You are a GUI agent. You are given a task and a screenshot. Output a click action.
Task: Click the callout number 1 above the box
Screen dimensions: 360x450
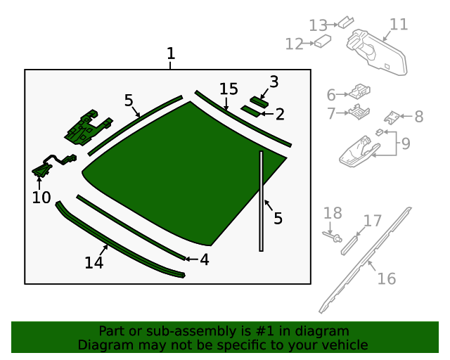click(x=170, y=53)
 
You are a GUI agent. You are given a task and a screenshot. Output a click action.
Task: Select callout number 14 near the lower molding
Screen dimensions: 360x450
click(x=94, y=262)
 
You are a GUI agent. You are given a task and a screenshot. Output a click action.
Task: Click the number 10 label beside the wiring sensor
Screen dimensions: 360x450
click(x=41, y=198)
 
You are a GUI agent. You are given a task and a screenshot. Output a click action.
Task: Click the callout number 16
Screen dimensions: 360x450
click(x=386, y=279)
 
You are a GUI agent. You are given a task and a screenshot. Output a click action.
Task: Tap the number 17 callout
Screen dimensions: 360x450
click(x=372, y=221)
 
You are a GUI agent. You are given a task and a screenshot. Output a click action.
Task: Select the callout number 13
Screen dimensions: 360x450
click(x=318, y=26)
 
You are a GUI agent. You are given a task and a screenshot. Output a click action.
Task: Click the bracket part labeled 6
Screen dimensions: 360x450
click(x=361, y=91)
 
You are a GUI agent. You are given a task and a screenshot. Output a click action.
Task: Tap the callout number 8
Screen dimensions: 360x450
click(x=418, y=117)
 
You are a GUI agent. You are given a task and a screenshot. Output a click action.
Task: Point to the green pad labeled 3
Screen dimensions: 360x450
click(x=259, y=101)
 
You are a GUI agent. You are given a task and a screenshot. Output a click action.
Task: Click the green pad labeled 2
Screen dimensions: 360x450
click(x=250, y=110)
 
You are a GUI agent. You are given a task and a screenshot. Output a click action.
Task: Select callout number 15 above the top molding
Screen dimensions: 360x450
click(x=229, y=89)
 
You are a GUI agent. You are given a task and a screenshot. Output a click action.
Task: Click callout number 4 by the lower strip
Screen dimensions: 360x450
click(x=204, y=259)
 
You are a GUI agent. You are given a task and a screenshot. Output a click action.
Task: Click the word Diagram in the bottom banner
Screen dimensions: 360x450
click(x=103, y=345)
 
